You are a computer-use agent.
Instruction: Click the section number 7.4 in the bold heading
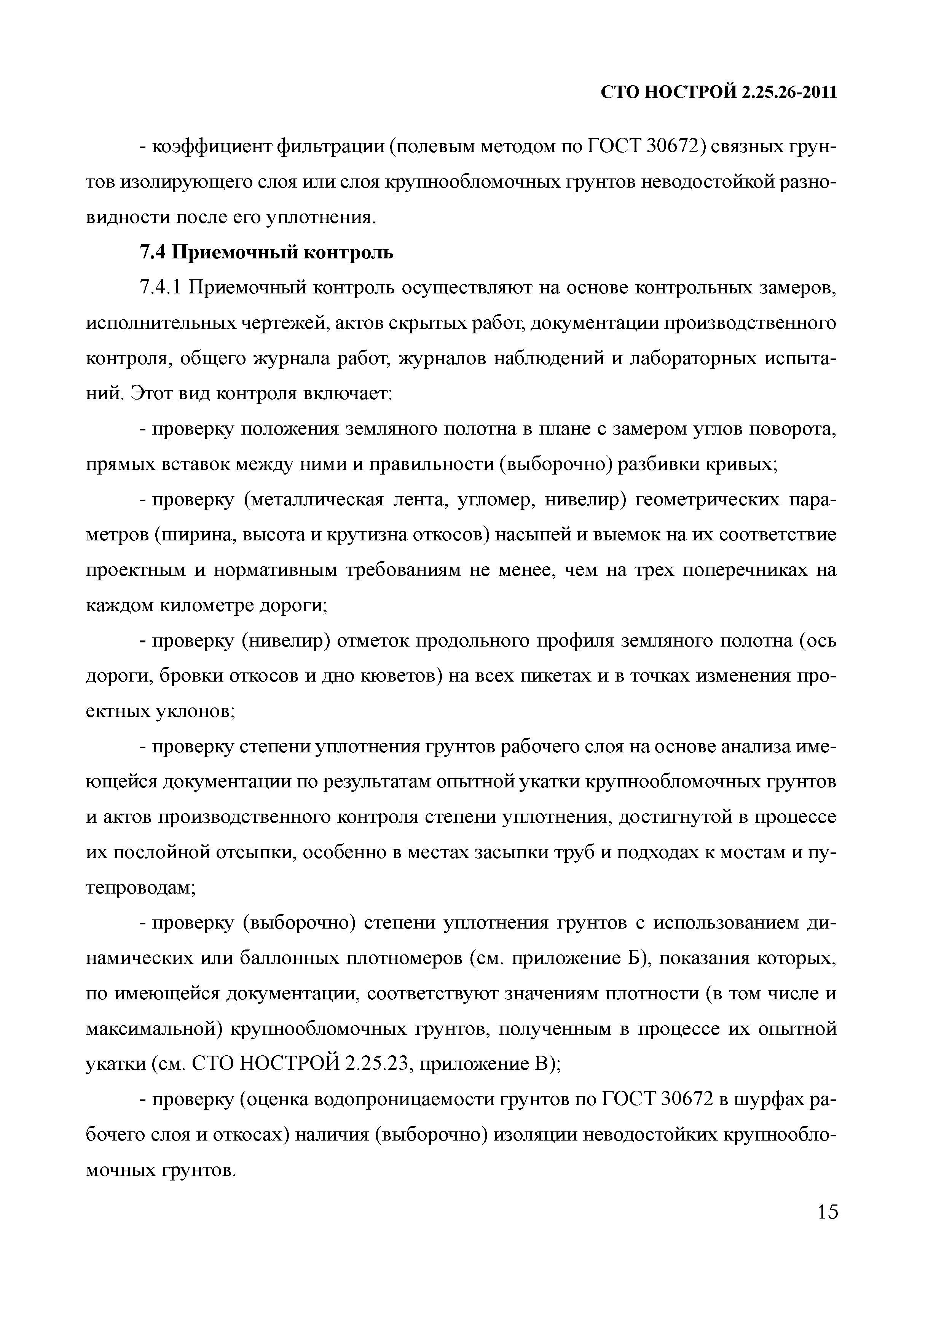[x=153, y=252]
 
